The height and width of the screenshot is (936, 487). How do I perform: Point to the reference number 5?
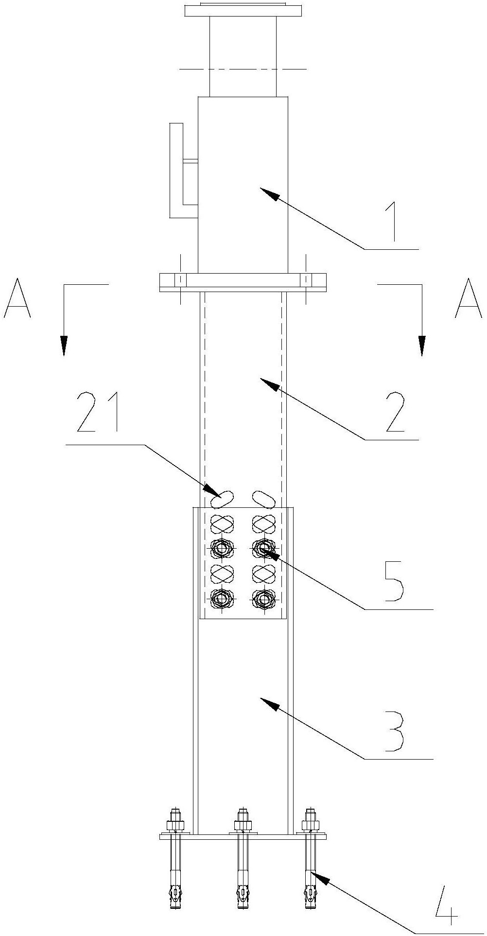[392, 581]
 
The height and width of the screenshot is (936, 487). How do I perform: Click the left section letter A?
[17, 297]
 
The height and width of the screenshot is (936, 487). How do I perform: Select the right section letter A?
[469, 297]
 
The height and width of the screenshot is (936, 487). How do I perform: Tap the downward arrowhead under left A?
[64, 345]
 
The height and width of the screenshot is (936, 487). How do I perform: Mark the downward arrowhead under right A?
[421, 345]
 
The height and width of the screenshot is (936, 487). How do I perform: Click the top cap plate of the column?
[243, 10]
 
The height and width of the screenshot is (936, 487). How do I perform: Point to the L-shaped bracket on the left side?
[178, 170]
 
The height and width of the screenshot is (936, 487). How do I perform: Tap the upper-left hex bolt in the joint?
[222, 549]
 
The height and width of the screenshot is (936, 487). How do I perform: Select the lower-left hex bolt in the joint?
[222, 599]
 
